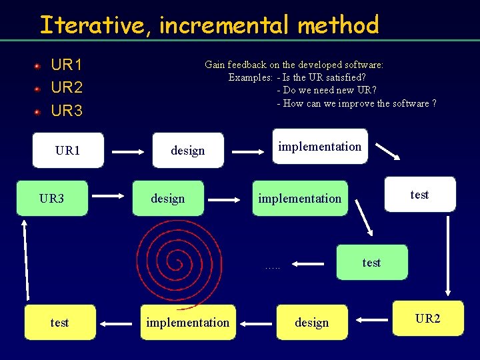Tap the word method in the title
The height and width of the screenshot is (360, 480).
[338, 25]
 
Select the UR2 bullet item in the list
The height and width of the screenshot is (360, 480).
[67, 87]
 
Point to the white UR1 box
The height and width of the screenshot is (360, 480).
[67, 151]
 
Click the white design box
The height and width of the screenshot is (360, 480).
[188, 151]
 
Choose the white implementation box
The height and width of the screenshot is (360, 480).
[319, 147]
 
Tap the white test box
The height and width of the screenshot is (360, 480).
[420, 195]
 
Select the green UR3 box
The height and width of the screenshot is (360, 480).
[52, 198]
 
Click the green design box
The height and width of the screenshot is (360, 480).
[168, 198]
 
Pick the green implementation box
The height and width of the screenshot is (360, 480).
[300, 198]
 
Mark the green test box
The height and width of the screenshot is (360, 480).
[371, 262]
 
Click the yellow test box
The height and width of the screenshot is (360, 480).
[60, 323]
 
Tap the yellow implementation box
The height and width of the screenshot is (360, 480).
[187, 323]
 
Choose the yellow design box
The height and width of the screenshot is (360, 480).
[312, 323]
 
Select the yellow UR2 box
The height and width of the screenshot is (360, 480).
[427, 319]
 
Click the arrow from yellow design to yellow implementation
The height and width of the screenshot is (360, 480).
[256, 323]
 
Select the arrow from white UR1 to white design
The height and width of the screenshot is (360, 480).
[127, 151]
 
